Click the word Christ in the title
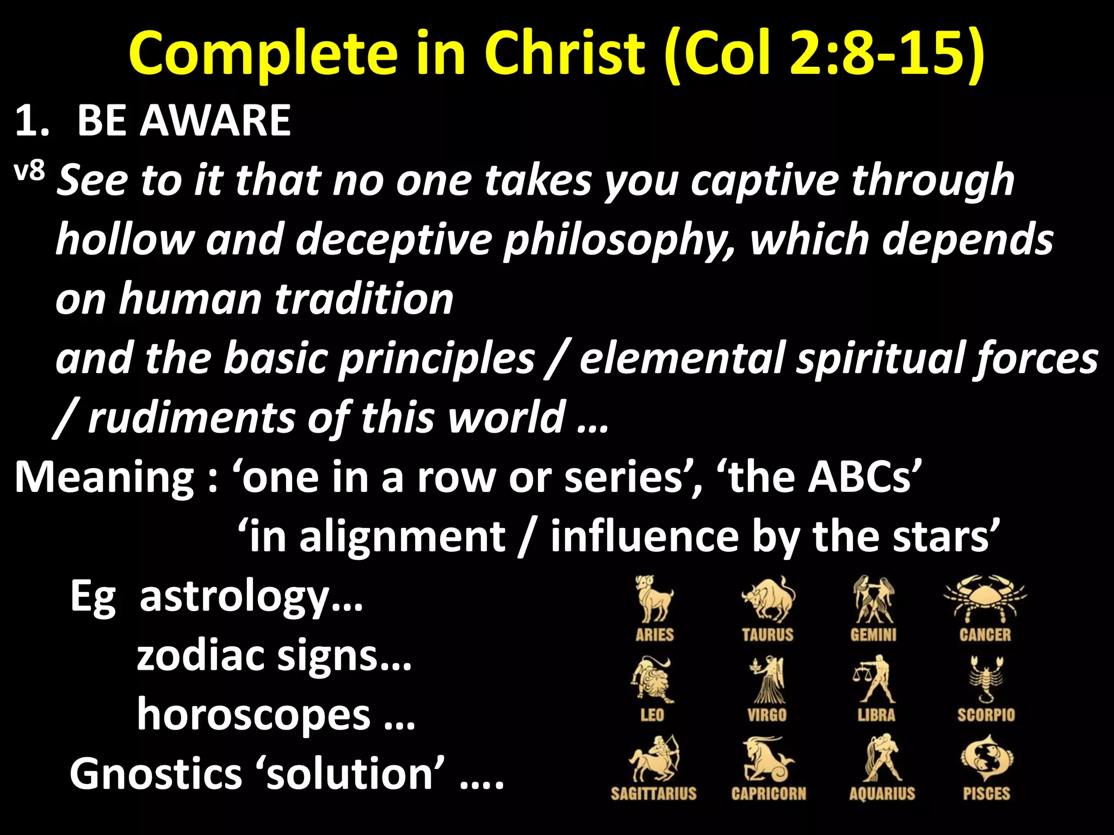point(564,53)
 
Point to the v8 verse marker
point(29,173)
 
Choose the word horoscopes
point(254,715)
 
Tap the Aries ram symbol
point(654,598)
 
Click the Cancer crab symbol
point(985,598)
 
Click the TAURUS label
point(767,634)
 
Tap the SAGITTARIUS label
point(653,794)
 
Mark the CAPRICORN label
point(768,794)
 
